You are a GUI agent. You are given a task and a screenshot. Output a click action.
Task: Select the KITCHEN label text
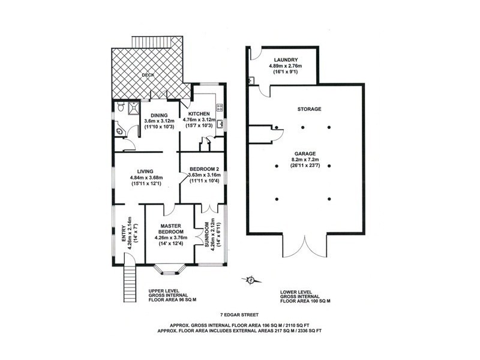[x=199, y=113]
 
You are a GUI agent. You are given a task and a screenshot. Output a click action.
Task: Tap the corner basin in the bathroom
[x=118, y=128]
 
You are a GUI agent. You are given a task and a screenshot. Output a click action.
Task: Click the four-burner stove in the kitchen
[x=220, y=109]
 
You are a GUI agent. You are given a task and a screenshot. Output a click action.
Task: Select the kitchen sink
[x=220, y=125]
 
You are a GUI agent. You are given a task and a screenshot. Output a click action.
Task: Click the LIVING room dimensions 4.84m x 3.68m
[x=146, y=178]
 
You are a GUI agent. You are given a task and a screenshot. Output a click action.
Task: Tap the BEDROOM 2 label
[x=203, y=169]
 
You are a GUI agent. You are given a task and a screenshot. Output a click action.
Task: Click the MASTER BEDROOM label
[x=171, y=227]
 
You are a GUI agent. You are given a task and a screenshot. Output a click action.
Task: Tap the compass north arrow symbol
[x=252, y=279]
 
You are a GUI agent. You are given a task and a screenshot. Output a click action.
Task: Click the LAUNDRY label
[x=286, y=59]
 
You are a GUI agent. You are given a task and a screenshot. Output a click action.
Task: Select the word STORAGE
[x=310, y=109]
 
